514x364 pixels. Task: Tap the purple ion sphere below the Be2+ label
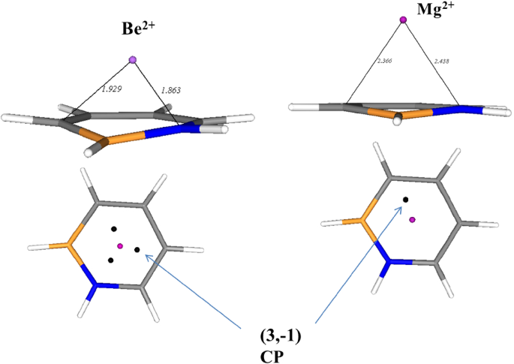tap(133, 59)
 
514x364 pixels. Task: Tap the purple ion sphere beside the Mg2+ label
tap(403, 20)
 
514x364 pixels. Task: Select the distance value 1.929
tap(111, 89)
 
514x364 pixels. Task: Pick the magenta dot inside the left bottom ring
tap(119, 245)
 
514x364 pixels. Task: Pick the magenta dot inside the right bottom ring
tap(412, 220)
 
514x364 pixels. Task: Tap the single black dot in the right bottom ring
tap(405, 199)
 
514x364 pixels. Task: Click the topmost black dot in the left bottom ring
tap(114, 229)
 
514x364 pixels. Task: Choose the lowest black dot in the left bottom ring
tap(110, 260)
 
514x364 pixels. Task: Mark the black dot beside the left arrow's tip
tap(137, 249)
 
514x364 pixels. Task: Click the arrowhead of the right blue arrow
tap(400, 208)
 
